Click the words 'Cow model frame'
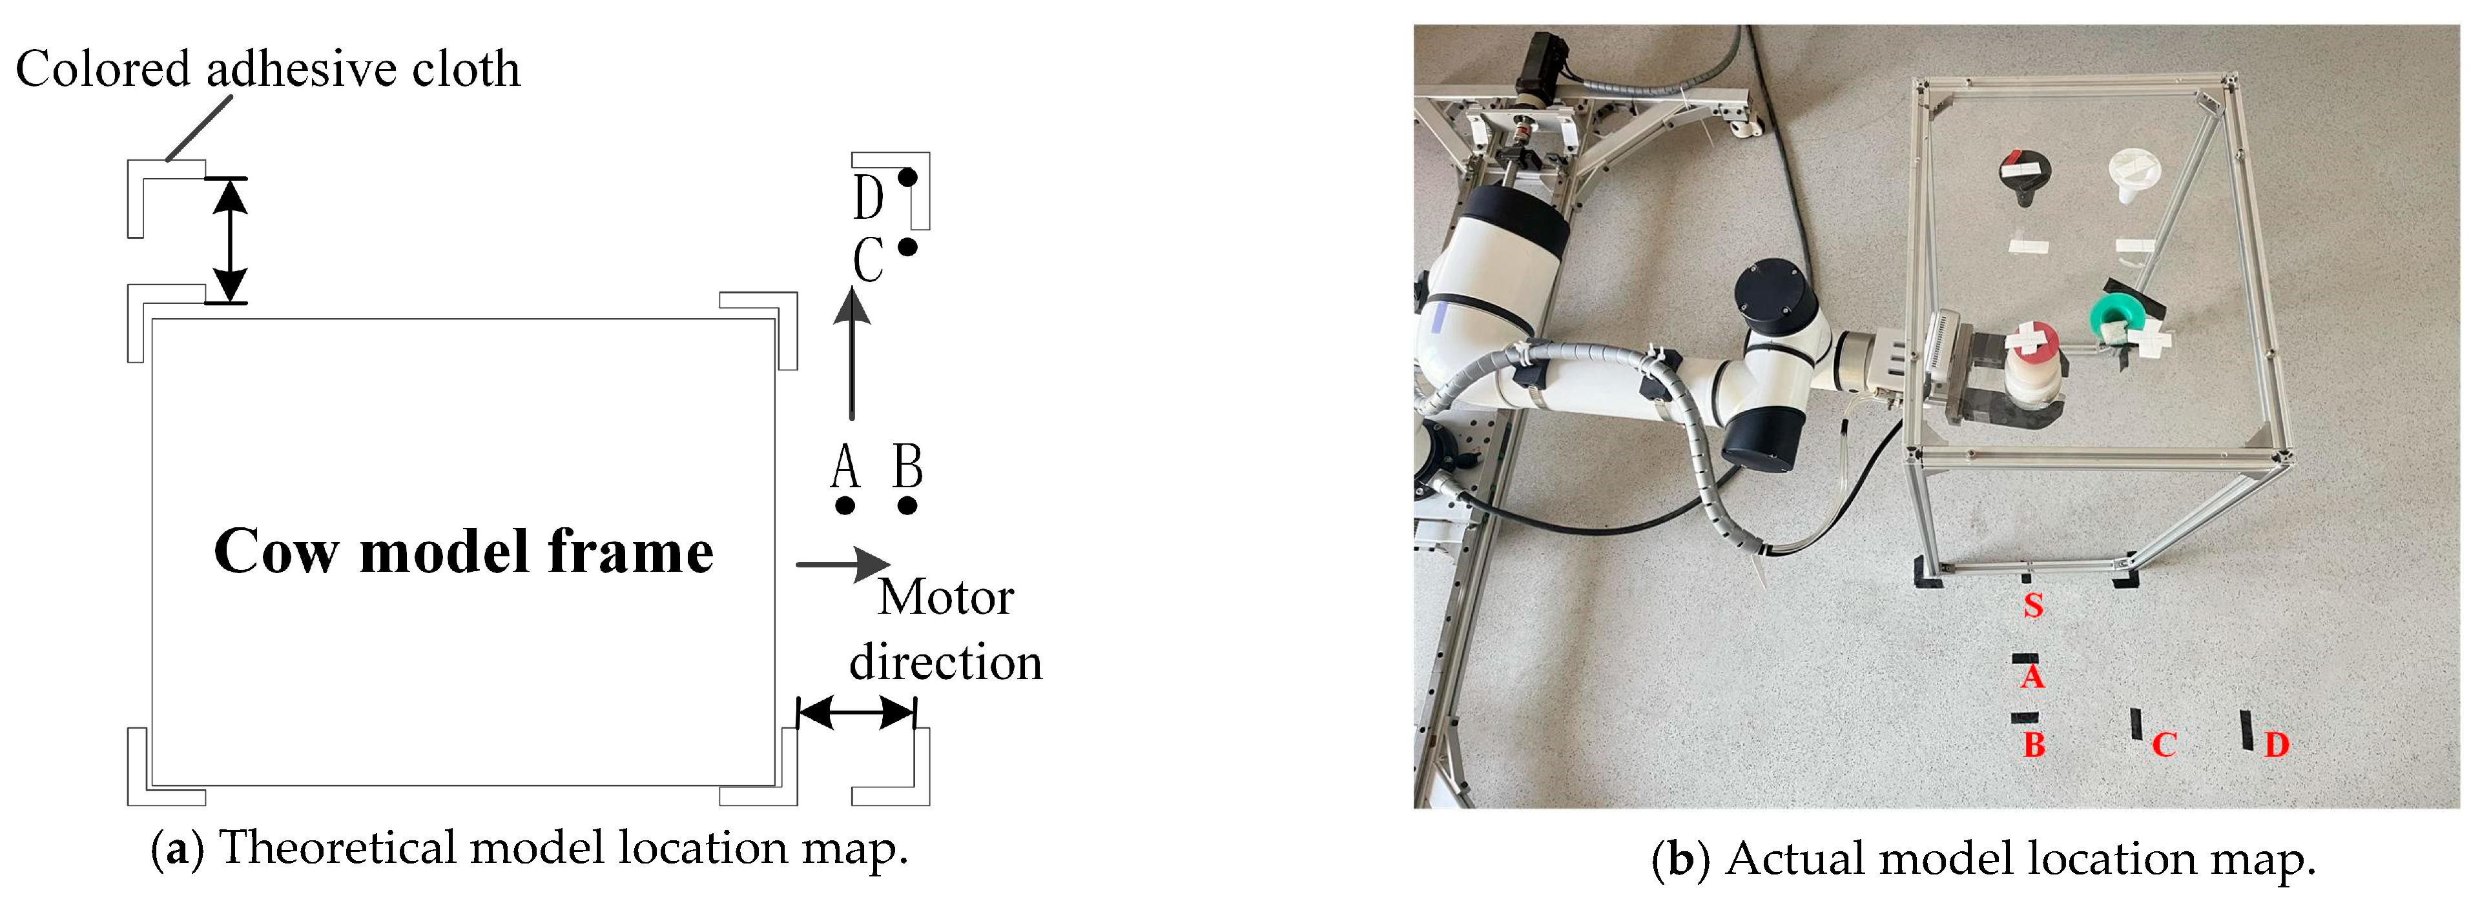(463, 552)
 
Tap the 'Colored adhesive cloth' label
(267, 69)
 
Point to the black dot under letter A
(845, 505)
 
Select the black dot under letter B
(907, 505)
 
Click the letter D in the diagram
(867, 198)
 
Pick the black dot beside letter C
(907, 247)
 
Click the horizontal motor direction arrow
(842, 564)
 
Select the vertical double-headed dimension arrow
(229, 241)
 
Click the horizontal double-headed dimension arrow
(856, 713)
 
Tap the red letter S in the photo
(2032, 605)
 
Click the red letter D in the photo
(2276, 744)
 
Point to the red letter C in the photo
(2164, 744)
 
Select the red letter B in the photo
(2033, 744)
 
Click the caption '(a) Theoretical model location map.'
(530, 849)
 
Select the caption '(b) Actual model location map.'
(1983, 858)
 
